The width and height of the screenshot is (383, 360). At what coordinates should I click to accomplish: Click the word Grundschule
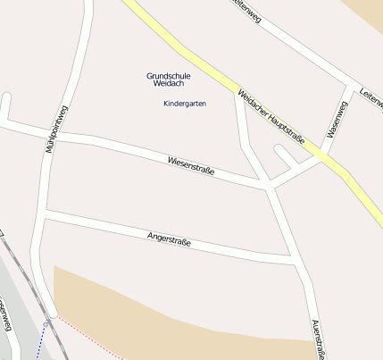[x=169, y=76]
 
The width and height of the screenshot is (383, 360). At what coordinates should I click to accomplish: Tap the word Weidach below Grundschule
[x=169, y=84]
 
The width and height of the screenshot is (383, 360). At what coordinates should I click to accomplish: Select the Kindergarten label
[x=185, y=104]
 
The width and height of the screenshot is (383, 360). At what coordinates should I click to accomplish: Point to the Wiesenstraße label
[x=191, y=165]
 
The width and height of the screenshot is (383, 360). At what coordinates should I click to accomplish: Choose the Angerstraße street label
[x=169, y=239]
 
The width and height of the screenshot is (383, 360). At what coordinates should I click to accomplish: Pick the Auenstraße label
[x=317, y=339]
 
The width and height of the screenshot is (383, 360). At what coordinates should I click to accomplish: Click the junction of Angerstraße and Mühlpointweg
[x=45, y=213]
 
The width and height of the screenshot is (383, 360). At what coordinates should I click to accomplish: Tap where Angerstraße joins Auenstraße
[x=295, y=261]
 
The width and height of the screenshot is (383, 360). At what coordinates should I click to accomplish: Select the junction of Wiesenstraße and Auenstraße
[x=268, y=187]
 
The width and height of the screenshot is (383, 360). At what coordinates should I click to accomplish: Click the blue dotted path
[x=43, y=340]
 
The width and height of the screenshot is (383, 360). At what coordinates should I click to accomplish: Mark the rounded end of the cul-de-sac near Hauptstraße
[x=279, y=149]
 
